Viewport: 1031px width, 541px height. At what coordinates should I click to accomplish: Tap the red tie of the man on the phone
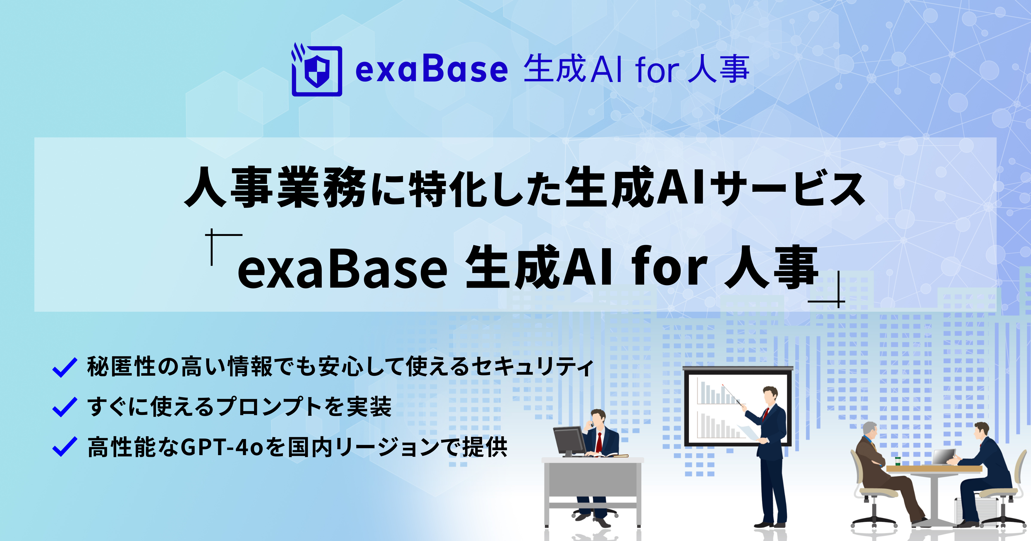click(x=599, y=442)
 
